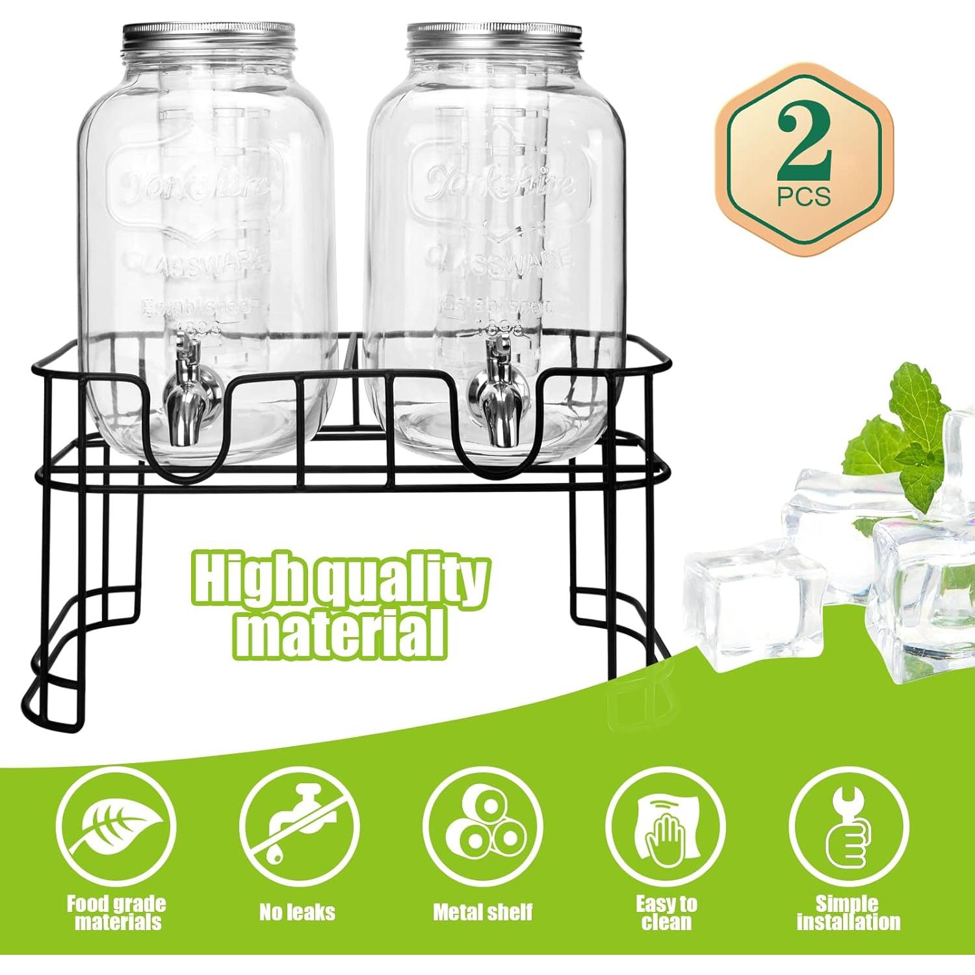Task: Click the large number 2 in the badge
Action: point(804,144)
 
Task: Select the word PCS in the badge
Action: point(804,196)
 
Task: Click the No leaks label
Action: point(298,912)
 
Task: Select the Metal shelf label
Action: point(483,912)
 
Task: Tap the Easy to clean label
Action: point(666,912)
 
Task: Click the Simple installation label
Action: point(849,912)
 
